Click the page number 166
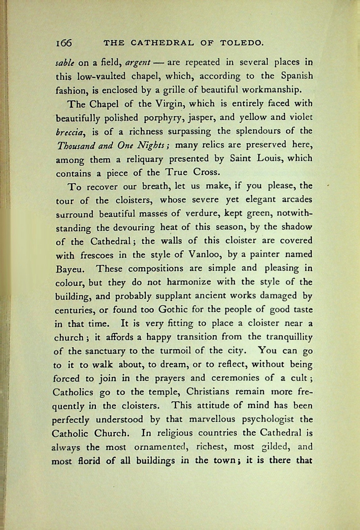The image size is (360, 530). point(64,42)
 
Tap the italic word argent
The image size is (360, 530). point(138,63)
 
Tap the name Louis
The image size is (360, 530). point(271,159)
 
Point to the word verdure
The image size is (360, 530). point(202,214)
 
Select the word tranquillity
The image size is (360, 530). point(285,337)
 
